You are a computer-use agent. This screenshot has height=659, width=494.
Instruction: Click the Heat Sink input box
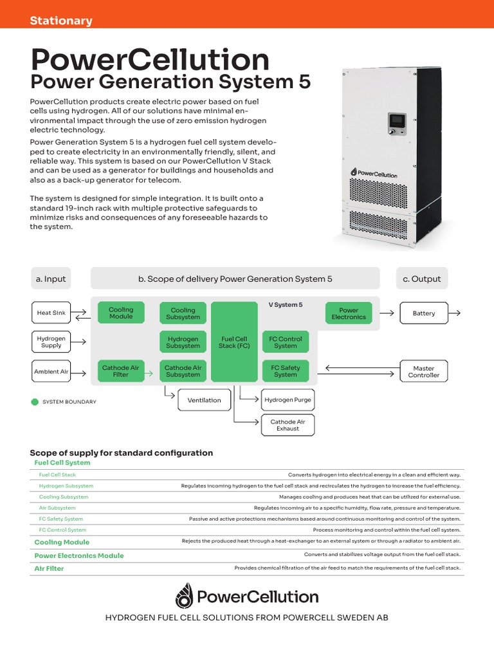pos(51,313)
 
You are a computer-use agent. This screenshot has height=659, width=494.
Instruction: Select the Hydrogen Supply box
pos(51,342)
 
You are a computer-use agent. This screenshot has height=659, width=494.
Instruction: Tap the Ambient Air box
pos(51,371)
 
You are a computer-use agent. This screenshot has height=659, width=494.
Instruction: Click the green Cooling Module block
pos(121,313)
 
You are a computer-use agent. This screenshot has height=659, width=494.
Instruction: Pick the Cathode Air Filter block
pos(121,371)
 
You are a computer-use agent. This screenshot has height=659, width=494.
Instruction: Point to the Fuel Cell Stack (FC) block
pos(234,342)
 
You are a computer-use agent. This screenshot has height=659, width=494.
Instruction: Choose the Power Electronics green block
pos(349,313)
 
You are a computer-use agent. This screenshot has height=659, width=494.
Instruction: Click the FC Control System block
pos(285,342)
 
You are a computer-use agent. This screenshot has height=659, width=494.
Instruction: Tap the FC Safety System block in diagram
pos(285,371)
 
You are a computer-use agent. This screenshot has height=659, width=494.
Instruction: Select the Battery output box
pos(424,313)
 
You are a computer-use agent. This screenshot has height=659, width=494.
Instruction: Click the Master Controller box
pos(424,371)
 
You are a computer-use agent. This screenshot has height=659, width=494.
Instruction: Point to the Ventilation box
pos(204,400)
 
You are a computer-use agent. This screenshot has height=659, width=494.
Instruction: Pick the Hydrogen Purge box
pos(288,400)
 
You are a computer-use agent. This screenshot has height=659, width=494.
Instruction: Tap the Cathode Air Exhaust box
pos(288,425)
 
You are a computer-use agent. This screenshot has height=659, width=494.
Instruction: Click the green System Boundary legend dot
pos(35,402)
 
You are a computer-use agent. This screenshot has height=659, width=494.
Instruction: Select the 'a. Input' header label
pos(51,279)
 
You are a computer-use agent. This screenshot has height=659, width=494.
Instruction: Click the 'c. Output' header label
pos(422,279)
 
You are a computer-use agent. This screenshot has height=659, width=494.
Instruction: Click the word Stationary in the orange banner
pos(61,21)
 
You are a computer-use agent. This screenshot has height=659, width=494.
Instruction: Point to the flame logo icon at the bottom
pos(183,596)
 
